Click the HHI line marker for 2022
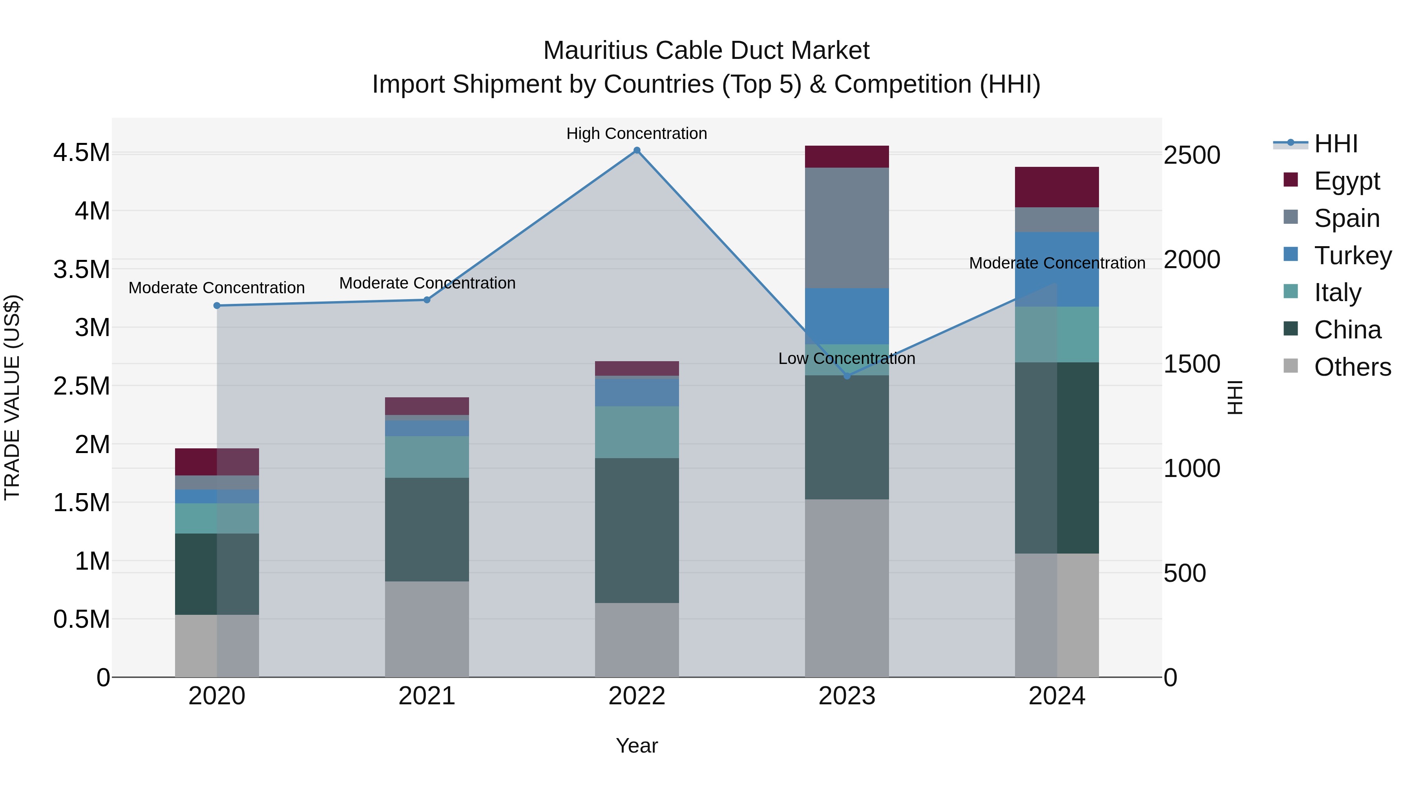point(637,150)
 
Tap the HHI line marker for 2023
point(847,376)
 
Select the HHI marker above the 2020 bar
point(217,305)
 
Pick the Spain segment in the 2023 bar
point(847,228)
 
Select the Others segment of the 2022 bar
point(637,640)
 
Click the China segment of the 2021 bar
point(427,530)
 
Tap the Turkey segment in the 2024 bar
point(1057,269)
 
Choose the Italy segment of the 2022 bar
point(637,432)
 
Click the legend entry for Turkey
point(1352,256)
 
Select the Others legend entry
point(1352,367)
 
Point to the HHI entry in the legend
point(1336,144)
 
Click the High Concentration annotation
point(637,133)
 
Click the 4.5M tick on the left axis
point(81,153)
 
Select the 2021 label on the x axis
point(427,696)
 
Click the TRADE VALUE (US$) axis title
point(12,397)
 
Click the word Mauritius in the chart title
point(596,51)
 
